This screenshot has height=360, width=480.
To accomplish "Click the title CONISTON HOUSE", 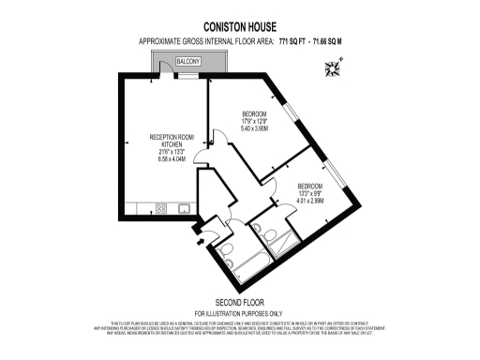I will pyautogui.click(x=239, y=29).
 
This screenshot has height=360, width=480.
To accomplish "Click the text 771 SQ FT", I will pyautogui.click(x=297, y=42).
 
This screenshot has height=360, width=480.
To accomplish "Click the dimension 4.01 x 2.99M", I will pyautogui.click(x=310, y=200).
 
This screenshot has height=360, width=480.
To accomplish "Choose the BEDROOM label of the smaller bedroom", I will pyautogui.click(x=310, y=186).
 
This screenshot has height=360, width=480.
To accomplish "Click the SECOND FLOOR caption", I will pyautogui.click(x=239, y=302).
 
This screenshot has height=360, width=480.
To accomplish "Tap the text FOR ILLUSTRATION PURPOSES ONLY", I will pyautogui.click(x=239, y=312).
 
